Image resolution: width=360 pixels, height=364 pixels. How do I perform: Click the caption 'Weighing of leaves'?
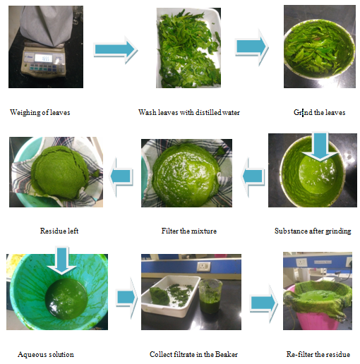coord(40,112)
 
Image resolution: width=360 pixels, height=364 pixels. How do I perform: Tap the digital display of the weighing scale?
coord(43,58)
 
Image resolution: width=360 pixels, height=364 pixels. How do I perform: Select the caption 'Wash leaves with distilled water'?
coord(189,112)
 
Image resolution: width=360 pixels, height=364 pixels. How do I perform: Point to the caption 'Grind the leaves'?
coord(319,112)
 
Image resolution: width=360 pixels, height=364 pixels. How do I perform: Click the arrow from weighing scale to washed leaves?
coord(115,50)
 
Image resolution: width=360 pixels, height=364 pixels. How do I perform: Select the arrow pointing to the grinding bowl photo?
coord(251,47)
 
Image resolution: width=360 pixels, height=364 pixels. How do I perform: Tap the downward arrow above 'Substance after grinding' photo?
coord(320,147)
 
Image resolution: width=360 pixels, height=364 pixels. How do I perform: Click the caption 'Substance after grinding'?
coord(313,231)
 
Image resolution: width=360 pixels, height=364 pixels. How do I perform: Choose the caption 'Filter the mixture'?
coord(189,231)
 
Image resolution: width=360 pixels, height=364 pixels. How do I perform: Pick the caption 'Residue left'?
coord(59,231)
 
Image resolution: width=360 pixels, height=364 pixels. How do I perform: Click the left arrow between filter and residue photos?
coord(121,176)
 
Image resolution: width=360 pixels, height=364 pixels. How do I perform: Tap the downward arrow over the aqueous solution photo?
coord(61,260)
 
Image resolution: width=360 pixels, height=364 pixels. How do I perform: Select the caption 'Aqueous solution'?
coord(46,354)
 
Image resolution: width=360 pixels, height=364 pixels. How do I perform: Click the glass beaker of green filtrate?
coord(210,296)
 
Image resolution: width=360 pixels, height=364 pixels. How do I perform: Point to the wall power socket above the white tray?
coord(204,266)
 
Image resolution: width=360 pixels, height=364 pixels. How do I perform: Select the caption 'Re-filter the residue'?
coord(318,354)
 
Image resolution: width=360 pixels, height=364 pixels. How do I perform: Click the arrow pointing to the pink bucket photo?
coord(264,303)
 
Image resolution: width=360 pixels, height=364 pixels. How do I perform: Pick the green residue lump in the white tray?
coord(160,296)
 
